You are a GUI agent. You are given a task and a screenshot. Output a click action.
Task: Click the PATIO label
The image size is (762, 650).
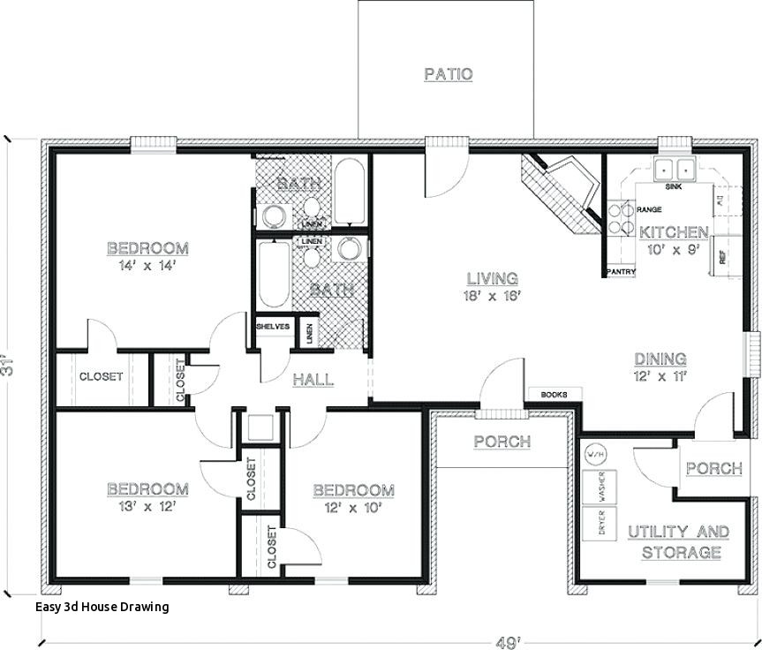(448, 74)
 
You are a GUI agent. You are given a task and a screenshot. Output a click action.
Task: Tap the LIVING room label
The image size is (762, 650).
(493, 279)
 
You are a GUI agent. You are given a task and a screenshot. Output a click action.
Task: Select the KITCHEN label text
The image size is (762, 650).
(674, 232)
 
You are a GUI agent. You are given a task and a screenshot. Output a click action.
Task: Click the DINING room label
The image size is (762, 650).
(660, 359)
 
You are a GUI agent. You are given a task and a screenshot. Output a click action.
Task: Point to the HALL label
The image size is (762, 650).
(313, 380)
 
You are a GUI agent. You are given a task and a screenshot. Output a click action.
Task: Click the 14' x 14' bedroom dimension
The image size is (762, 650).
(147, 264)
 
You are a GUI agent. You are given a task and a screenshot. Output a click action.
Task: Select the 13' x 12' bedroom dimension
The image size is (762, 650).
(147, 506)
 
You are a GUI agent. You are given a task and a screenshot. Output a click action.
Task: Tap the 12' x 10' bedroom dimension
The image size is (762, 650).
(352, 508)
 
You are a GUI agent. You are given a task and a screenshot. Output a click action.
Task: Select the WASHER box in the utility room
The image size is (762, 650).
(601, 485)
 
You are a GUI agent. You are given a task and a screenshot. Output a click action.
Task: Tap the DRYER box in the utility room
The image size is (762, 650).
(601, 522)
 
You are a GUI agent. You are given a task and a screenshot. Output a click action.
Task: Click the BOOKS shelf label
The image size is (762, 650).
(554, 395)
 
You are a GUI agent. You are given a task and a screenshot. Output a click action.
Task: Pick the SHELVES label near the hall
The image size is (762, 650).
(273, 326)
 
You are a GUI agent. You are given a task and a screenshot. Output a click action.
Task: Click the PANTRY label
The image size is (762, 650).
(620, 272)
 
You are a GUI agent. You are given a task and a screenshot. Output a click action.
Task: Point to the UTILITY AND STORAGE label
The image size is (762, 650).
(678, 542)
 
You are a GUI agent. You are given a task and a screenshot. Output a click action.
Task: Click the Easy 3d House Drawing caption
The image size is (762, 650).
(102, 607)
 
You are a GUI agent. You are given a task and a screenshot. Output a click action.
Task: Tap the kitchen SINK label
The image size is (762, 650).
(673, 187)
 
